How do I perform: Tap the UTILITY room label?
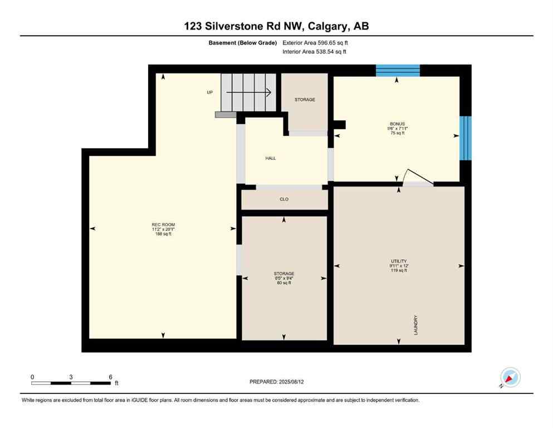[x=398, y=261]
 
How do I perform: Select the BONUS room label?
[x=397, y=124]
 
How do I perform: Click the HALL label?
[x=271, y=158]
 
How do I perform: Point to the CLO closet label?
[x=284, y=199]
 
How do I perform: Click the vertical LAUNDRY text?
[x=416, y=325]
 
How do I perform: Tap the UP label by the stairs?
[x=210, y=93]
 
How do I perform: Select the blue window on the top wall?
[x=397, y=70]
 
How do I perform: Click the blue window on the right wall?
[x=465, y=138]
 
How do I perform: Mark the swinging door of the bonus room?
[x=417, y=176]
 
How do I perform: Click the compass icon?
[x=510, y=377]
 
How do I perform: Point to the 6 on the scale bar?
[x=110, y=377]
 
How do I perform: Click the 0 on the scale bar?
[x=32, y=377]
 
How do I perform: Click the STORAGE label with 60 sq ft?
[x=284, y=274]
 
